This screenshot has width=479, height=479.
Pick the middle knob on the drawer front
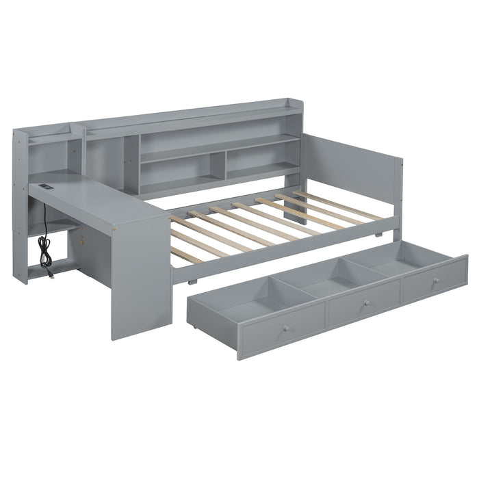[x=366, y=302]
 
